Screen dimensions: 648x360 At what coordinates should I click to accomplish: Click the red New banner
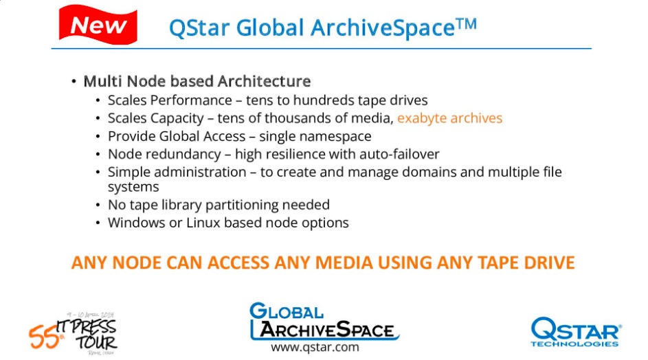(x=98, y=24)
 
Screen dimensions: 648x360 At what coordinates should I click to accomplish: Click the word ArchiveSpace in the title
(x=382, y=28)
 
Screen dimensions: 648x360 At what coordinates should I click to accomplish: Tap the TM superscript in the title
(x=467, y=24)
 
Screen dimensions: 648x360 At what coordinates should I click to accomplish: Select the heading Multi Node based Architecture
(x=197, y=81)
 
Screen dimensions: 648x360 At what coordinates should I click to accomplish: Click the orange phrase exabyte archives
(x=449, y=118)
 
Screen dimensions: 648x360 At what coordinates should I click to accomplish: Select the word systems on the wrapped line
(x=133, y=188)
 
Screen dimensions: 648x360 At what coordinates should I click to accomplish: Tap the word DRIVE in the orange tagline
(x=549, y=263)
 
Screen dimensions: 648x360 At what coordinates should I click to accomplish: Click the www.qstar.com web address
(x=315, y=347)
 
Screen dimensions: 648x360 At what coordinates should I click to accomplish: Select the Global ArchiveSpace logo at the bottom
(x=324, y=322)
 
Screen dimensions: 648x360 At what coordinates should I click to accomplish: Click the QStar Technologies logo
(x=576, y=332)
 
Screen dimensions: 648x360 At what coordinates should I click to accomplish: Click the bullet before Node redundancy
(x=98, y=155)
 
